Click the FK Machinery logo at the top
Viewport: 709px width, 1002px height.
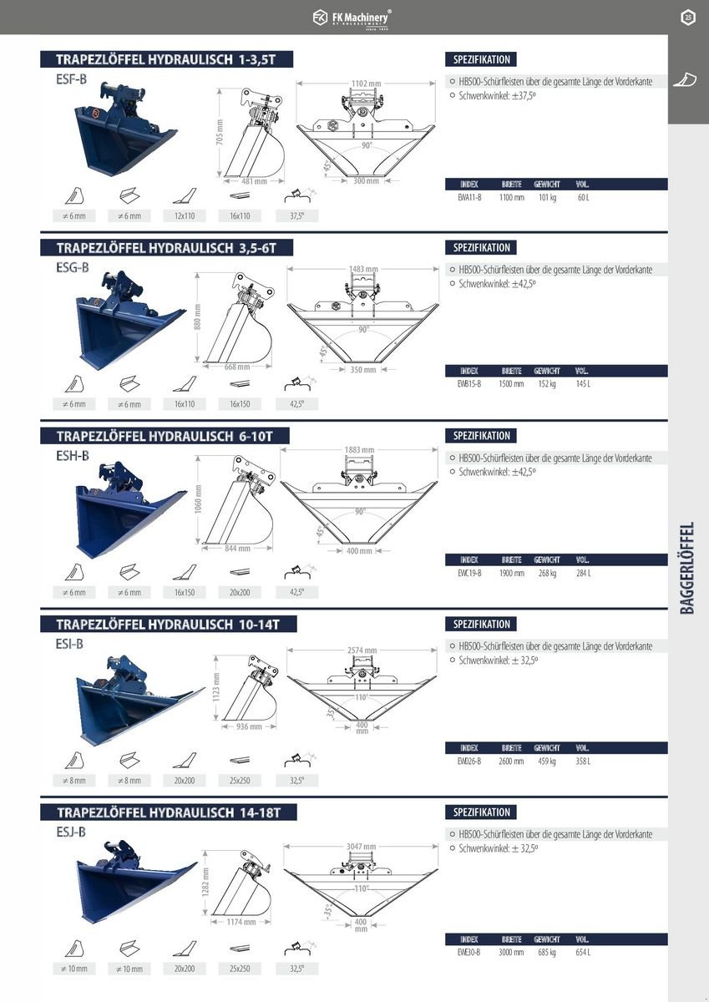coord(352,17)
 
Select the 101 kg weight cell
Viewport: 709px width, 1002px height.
coord(547,198)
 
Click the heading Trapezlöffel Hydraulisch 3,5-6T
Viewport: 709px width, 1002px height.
coord(165,248)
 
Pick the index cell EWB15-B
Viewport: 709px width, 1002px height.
coord(469,384)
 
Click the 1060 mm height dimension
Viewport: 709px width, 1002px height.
coord(198,500)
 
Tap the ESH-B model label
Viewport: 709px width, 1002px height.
coord(72,455)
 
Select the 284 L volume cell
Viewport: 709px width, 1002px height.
coord(582,573)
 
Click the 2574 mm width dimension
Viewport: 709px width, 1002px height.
coord(362,650)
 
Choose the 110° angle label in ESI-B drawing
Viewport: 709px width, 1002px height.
coord(361,696)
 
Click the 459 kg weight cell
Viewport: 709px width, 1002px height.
coord(547,761)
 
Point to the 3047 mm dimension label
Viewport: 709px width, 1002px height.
coord(362,846)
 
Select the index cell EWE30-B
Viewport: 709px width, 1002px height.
coord(469,952)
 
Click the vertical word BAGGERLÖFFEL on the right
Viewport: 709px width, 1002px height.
coord(687,568)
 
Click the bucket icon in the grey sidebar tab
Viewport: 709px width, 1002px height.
coord(686,79)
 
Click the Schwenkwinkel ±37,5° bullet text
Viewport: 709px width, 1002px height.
coord(498,94)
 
